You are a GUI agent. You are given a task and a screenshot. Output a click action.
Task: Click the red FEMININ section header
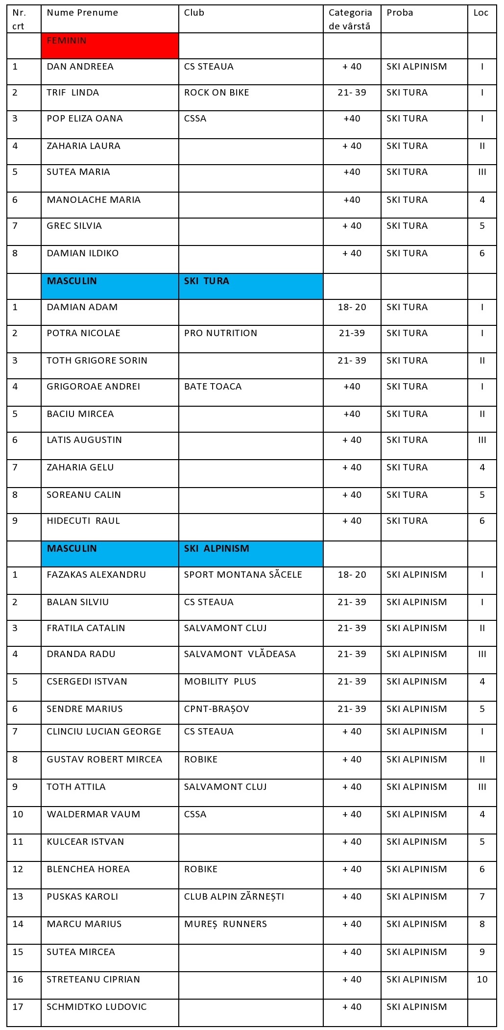110,46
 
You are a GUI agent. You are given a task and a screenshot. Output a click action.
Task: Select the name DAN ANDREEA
80,67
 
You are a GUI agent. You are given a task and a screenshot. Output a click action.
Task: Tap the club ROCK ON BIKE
216,93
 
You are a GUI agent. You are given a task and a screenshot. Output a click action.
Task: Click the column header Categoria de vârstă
350,19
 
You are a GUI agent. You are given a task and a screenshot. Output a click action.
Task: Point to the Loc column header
480,13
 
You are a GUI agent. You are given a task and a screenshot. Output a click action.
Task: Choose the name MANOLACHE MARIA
94,200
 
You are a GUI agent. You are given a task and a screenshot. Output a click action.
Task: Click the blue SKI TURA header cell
250,286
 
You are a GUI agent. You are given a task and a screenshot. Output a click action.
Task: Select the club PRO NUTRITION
220,333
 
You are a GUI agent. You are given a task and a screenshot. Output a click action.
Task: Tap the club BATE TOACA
213,387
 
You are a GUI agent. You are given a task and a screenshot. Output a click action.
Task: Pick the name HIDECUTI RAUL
83,521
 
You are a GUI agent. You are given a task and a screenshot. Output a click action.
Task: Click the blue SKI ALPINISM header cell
250,554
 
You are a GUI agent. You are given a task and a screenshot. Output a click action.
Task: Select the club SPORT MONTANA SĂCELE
243,575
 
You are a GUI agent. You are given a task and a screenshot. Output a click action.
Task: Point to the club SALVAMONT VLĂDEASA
240,654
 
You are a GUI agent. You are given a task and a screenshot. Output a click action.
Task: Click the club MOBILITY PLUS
220,682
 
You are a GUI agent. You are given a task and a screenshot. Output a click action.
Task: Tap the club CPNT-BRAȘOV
216,709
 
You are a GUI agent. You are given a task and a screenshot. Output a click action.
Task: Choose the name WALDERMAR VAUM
93,814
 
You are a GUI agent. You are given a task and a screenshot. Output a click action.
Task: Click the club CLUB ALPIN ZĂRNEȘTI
234,897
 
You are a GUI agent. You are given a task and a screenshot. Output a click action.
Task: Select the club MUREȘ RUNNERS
225,924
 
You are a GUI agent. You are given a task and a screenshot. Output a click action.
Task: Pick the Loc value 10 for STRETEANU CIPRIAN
482,980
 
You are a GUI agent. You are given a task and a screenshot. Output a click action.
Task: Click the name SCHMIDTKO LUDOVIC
96,1007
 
